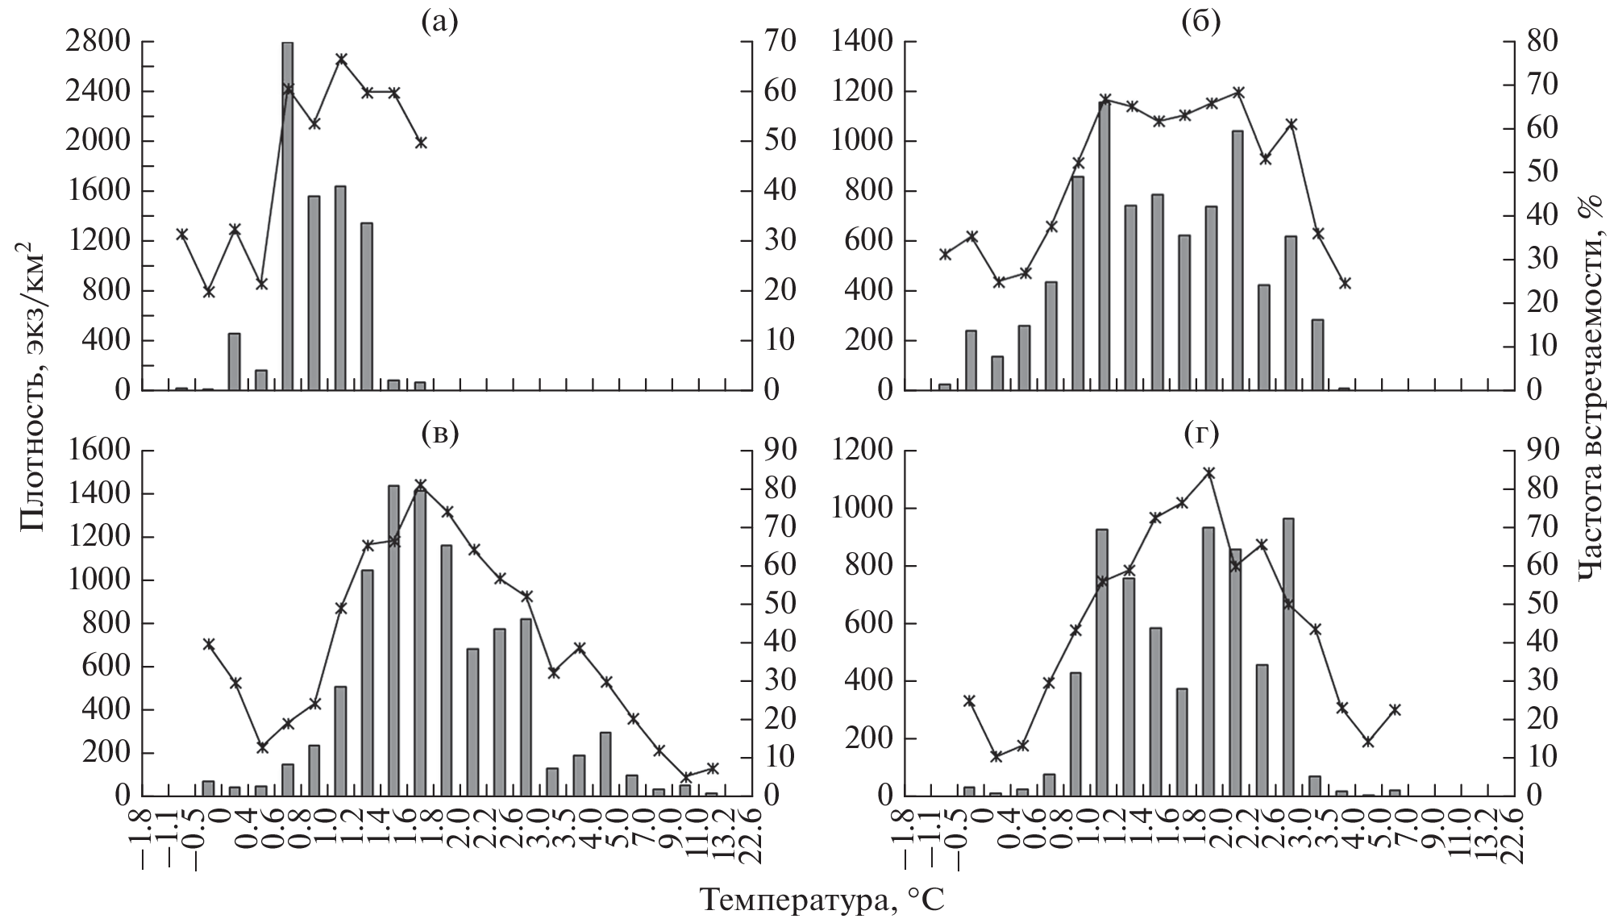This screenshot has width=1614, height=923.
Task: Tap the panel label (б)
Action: point(1200,23)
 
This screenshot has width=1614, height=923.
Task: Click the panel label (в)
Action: point(439,434)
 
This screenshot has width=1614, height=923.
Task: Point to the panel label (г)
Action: point(1200,434)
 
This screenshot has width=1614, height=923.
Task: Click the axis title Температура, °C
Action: point(820,900)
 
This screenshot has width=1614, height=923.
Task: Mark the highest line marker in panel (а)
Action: point(341,59)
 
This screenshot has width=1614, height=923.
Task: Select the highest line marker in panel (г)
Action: point(1208,472)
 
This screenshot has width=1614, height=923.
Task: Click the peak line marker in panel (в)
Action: point(420,484)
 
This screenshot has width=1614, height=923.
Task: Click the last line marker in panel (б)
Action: point(1345,283)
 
